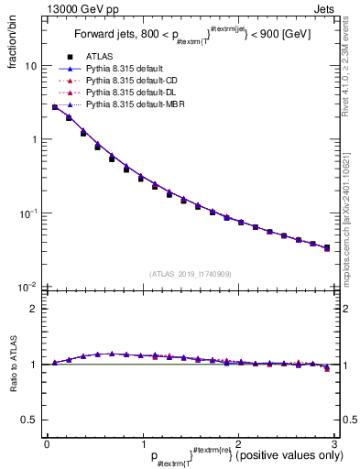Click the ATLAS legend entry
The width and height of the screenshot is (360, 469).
pos(102,56)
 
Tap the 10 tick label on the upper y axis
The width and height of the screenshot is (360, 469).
pos(30,67)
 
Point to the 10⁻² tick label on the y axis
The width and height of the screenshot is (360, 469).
pos(27,287)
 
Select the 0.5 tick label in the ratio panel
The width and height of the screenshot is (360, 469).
pos(29,420)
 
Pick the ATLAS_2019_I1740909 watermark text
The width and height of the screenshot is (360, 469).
pos(191,274)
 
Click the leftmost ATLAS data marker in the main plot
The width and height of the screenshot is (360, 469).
pos(55,107)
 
